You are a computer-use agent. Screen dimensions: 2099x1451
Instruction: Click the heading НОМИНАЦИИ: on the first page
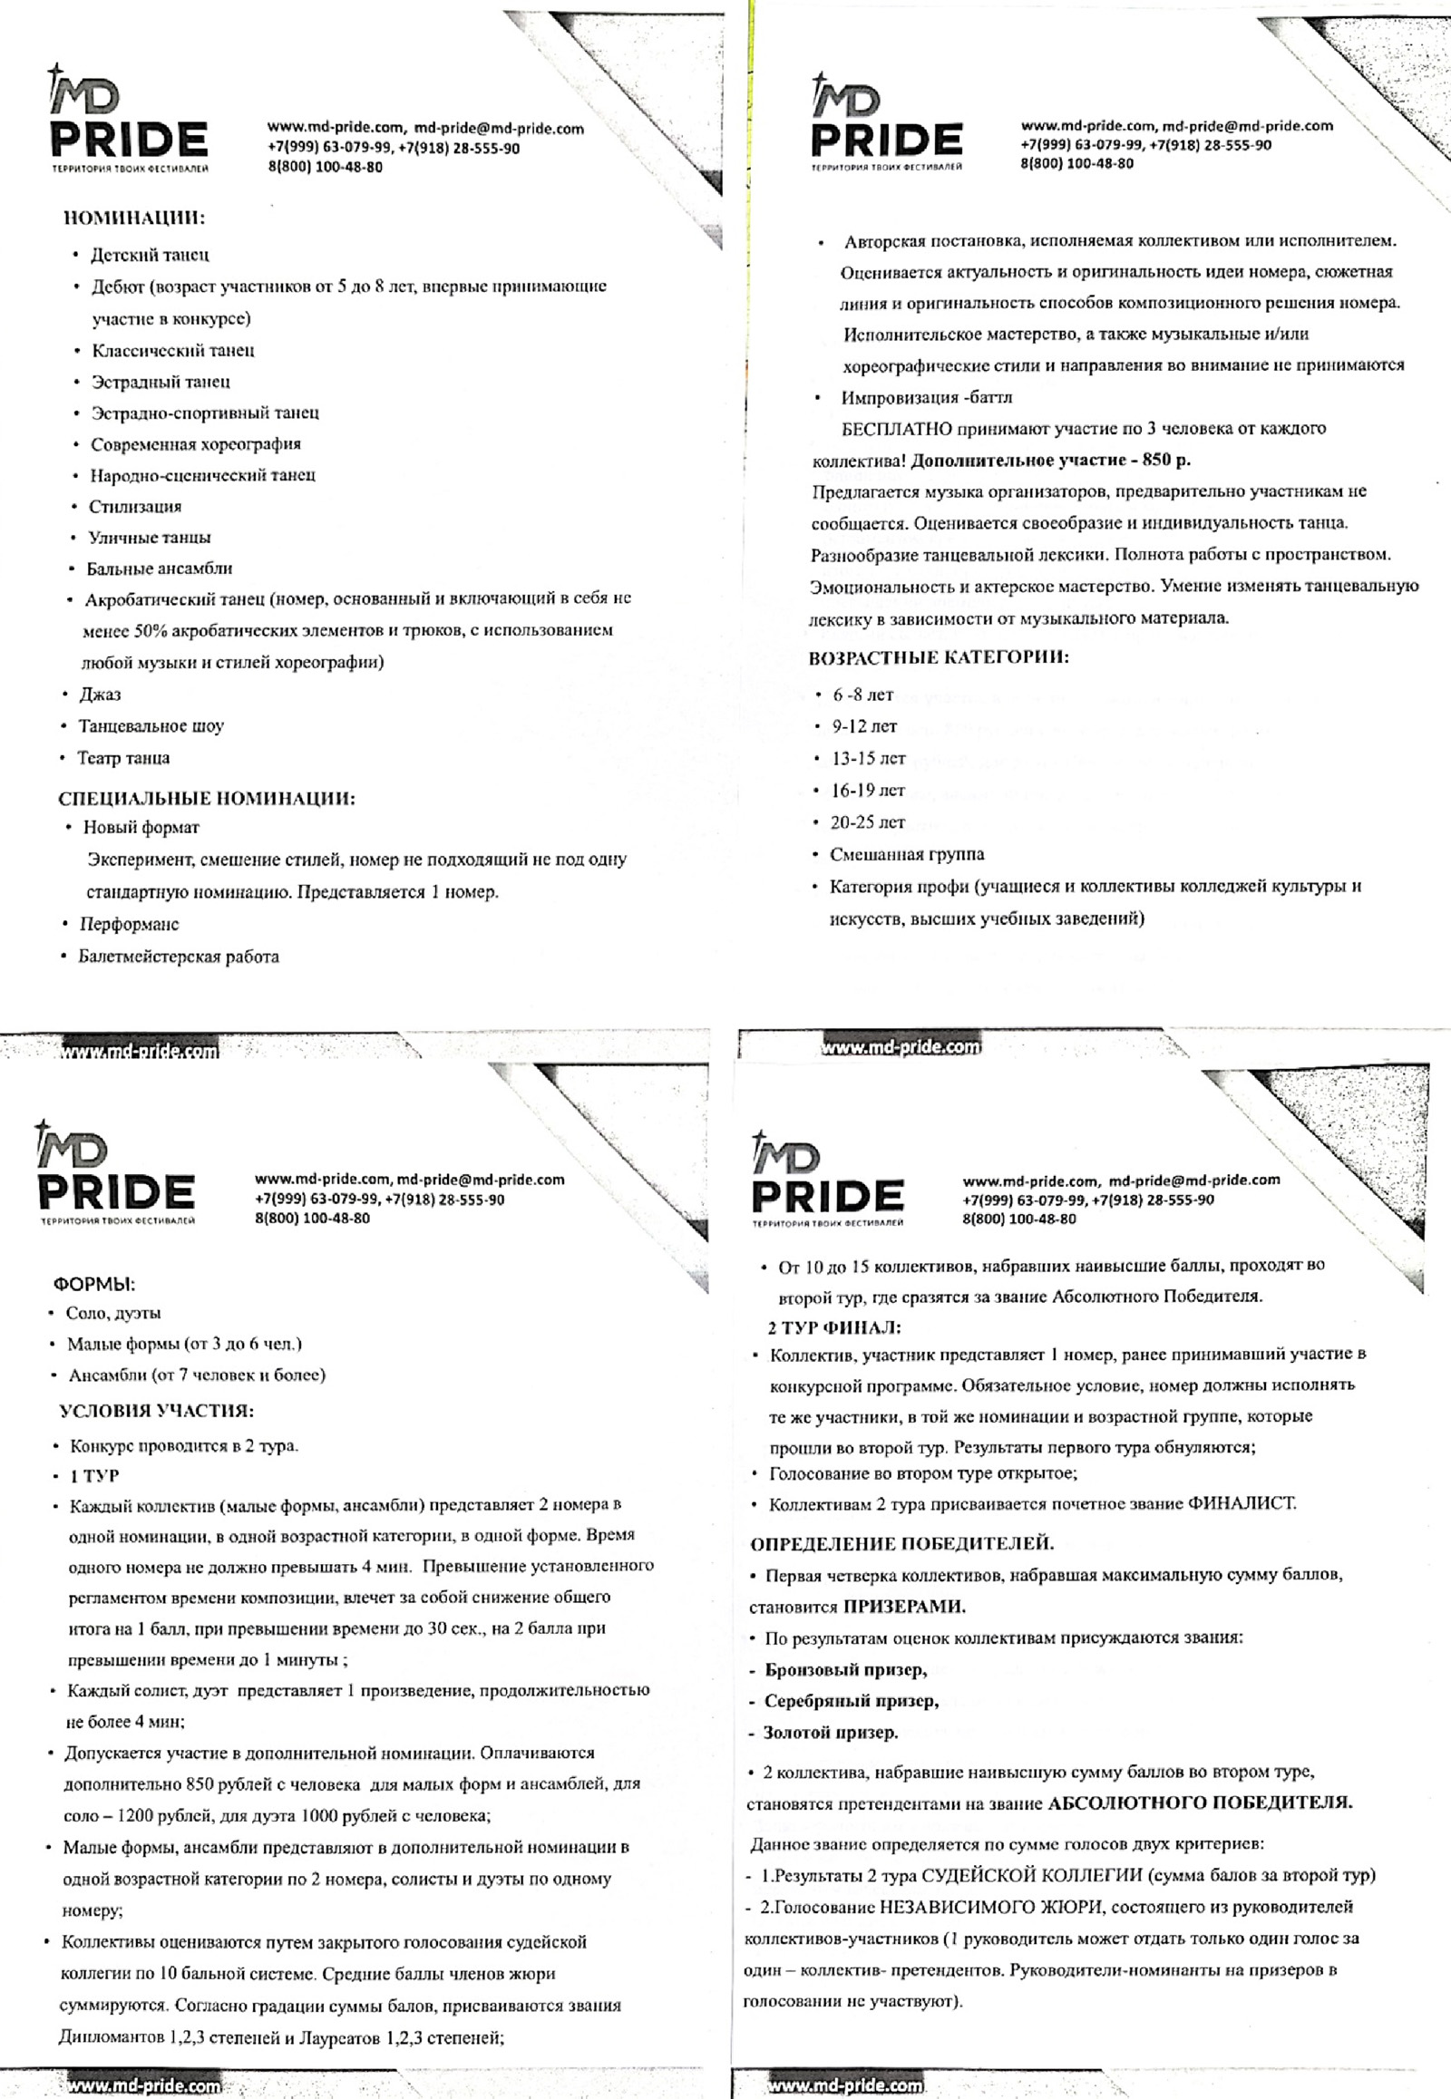click(x=133, y=219)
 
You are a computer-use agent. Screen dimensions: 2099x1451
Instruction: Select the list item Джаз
click(x=100, y=695)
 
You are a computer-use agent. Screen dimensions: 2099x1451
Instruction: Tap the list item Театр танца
click(x=123, y=758)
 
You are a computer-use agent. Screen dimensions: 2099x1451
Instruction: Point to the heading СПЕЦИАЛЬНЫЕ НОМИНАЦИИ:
click(x=207, y=799)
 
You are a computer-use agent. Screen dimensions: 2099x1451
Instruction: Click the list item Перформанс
click(x=129, y=925)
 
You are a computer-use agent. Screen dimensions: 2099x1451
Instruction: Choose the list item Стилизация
click(x=134, y=506)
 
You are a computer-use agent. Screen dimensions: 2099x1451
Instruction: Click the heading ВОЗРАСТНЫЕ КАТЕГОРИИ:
click(x=939, y=658)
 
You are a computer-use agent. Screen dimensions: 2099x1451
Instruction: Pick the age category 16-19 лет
click(x=868, y=790)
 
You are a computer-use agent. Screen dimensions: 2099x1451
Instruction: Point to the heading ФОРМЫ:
click(x=94, y=1285)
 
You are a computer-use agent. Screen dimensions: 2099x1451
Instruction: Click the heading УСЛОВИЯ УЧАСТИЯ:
click(x=156, y=1411)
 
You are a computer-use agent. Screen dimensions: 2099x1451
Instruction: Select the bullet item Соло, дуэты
click(x=113, y=1313)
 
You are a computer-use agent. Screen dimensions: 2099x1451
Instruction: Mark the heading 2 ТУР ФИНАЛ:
click(x=833, y=1327)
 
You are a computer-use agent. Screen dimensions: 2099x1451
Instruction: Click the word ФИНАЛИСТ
click(x=1241, y=1503)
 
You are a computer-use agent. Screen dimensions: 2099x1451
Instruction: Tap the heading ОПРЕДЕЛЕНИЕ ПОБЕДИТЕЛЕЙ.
click(x=901, y=1543)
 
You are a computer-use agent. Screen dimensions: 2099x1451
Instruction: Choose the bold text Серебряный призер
click(x=851, y=1701)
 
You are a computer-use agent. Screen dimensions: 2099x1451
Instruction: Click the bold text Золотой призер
click(x=830, y=1733)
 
